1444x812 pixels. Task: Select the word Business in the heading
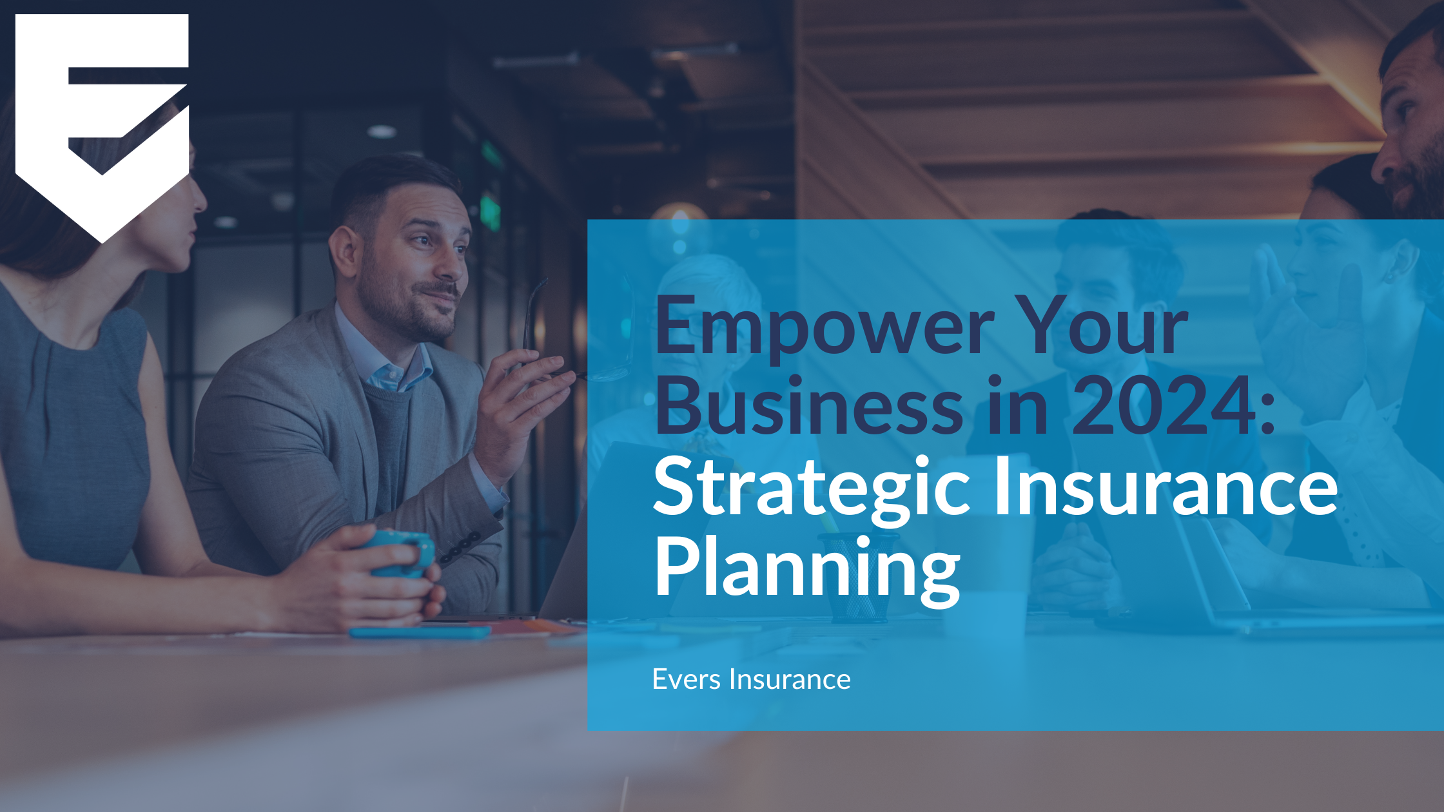tap(808, 407)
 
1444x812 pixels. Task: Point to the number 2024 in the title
tap(1164, 407)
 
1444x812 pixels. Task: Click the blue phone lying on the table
tap(420, 632)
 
